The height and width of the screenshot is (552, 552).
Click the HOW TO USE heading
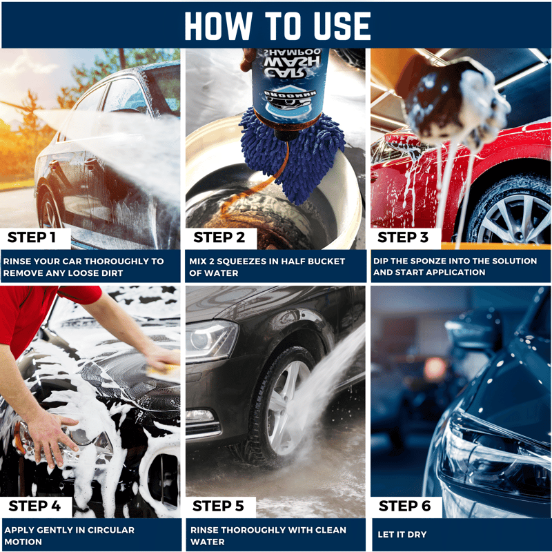(277, 26)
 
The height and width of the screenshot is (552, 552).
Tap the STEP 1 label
(32, 237)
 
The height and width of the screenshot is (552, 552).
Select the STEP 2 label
(219, 237)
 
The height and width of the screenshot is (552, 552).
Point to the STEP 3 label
(403, 237)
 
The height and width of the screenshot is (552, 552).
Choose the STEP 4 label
(34, 506)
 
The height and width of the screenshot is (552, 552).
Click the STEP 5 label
(218, 506)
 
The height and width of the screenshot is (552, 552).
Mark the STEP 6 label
(404, 506)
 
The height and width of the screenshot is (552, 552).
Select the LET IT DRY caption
(402, 534)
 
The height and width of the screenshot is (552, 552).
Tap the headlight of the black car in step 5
(211, 339)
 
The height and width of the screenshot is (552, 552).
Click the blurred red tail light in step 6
(435, 368)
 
